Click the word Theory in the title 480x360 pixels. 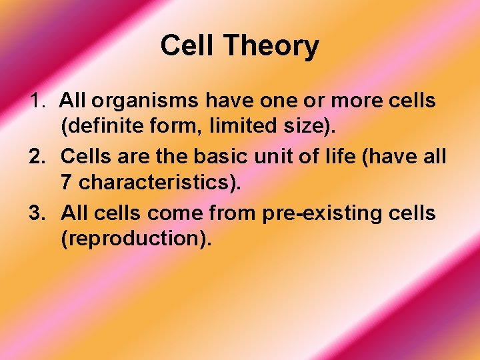click(271, 47)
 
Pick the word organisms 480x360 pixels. click(146, 102)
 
